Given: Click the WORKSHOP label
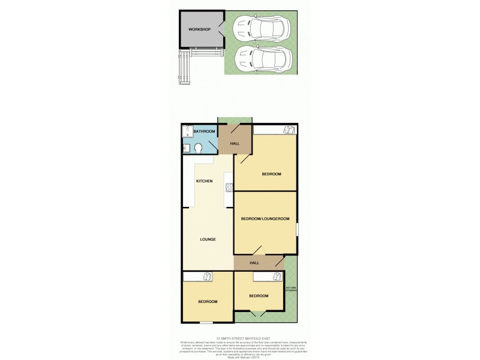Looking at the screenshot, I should point(199,29).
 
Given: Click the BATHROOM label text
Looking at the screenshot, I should point(203,131).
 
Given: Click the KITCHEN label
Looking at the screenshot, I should point(205,181).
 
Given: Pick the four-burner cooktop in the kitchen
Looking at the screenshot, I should point(229,187).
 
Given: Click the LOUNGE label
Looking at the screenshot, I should point(208,239).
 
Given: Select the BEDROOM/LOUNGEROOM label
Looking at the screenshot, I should point(265,219).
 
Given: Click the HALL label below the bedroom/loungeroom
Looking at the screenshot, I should point(254,263).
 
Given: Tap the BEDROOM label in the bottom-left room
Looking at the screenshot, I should point(208,301).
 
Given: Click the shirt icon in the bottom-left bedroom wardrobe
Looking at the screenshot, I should point(206,276).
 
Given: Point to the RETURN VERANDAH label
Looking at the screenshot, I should point(291,289).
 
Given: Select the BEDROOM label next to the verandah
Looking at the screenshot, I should point(259,295).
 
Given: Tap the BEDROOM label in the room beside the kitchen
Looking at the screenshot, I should point(271,174).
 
